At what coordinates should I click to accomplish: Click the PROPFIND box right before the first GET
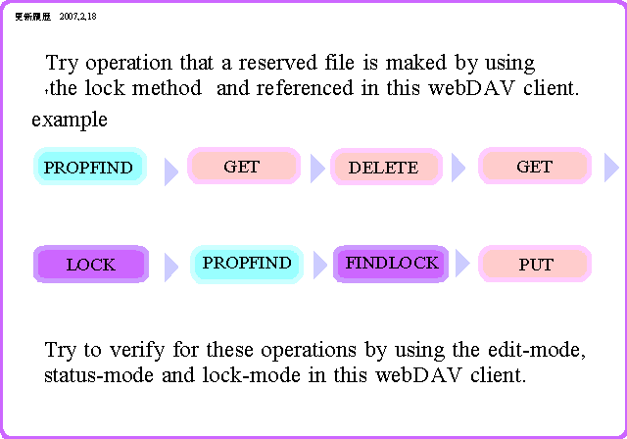click(89, 167)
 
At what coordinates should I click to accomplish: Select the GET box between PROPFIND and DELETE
click(241, 167)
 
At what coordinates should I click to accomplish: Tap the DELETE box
click(383, 167)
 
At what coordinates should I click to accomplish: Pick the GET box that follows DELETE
click(534, 167)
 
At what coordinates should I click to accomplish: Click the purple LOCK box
click(90, 265)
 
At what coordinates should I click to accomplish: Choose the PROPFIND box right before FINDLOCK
click(247, 264)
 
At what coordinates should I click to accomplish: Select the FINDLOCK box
click(391, 264)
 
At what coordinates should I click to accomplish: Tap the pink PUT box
click(535, 265)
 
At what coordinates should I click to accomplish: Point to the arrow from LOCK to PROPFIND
click(170, 267)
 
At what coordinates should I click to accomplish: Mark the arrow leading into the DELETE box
click(316, 170)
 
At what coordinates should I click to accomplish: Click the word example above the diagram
click(70, 121)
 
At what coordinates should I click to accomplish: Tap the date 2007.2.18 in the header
click(78, 17)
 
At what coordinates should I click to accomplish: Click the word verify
click(135, 351)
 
